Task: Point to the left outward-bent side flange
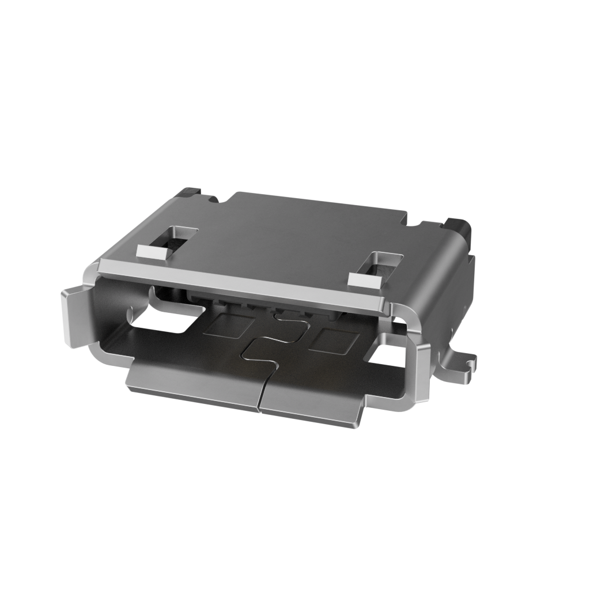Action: click(74, 317)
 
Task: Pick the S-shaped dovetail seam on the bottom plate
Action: click(271, 340)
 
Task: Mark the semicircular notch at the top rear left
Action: click(213, 199)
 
